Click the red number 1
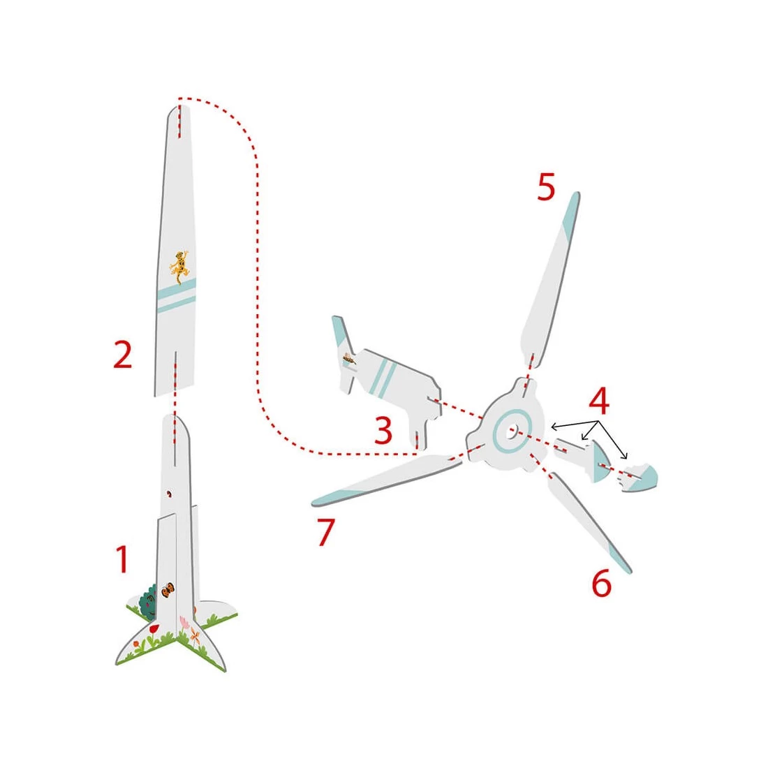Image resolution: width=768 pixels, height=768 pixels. click(x=122, y=559)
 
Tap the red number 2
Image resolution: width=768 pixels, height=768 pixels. click(x=122, y=355)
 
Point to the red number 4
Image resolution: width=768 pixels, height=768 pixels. click(x=598, y=400)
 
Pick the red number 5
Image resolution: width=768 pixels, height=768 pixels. click(x=546, y=186)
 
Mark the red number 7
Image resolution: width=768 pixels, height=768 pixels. click(x=325, y=532)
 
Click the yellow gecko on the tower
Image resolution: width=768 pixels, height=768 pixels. click(x=179, y=266)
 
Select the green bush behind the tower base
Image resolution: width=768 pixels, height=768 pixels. click(x=147, y=602)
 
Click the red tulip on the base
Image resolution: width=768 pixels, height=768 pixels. click(x=154, y=628)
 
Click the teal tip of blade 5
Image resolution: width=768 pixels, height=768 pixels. click(x=570, y=216)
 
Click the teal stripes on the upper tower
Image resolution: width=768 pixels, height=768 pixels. click(x=177, y=296)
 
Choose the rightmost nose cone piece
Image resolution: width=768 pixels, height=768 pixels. click(x=639, y=477)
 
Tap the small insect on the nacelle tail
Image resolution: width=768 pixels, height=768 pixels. click(x=349, y=359)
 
